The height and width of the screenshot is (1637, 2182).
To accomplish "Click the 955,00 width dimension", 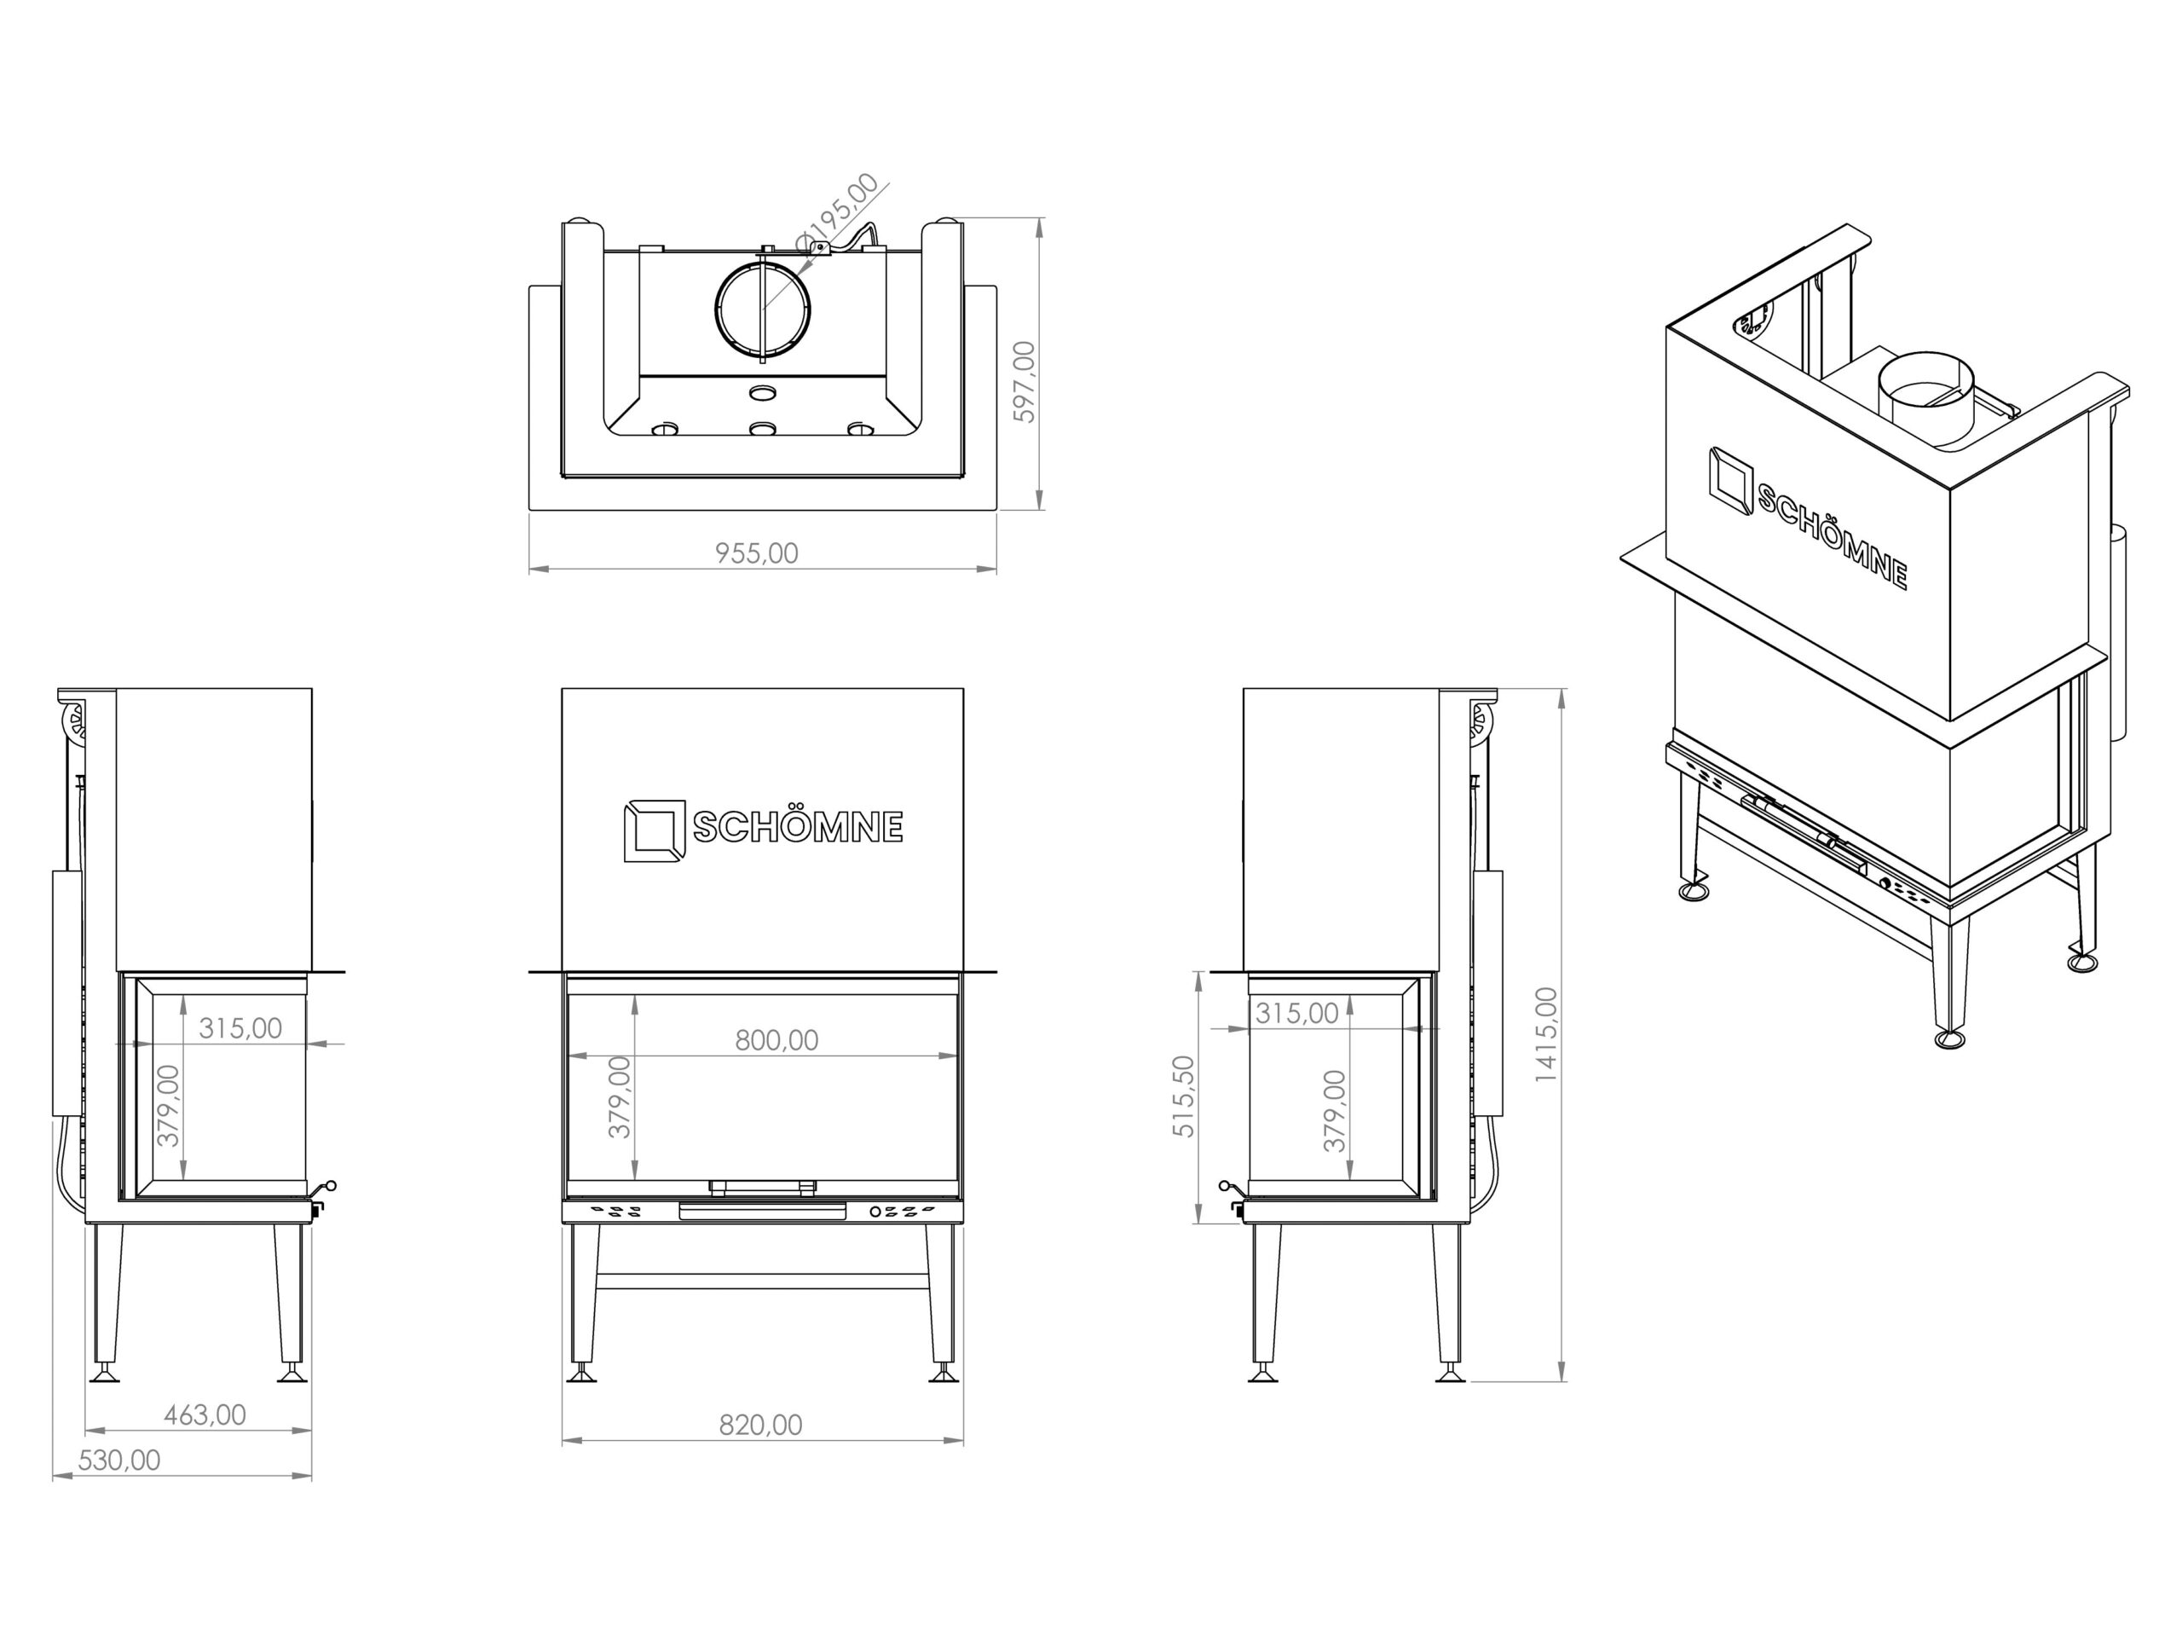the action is (x=757, y=553).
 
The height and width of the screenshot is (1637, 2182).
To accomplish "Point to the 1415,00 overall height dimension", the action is (x=1546, y=1034).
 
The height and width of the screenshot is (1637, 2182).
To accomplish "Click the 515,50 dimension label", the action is (x=1184, y=1096).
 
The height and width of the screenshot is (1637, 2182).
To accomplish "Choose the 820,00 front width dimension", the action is (x=760, y=1425).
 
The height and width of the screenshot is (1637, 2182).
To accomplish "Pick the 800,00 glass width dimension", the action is (x=776, y=1040).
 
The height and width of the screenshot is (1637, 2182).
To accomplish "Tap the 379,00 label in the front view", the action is (x=620, y=1097).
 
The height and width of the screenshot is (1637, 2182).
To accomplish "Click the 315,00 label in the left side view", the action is (x=240, y=1028).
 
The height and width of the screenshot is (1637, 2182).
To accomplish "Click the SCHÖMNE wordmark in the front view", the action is (x=798, y=827).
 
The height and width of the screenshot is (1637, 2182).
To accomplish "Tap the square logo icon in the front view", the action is (x=654, y=830).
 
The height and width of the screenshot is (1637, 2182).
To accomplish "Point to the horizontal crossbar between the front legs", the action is (x=761, y=1281).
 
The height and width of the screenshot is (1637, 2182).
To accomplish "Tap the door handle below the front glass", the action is (x=761, y=1212).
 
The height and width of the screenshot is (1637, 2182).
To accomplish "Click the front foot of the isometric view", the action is (x=1949, y=1039).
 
